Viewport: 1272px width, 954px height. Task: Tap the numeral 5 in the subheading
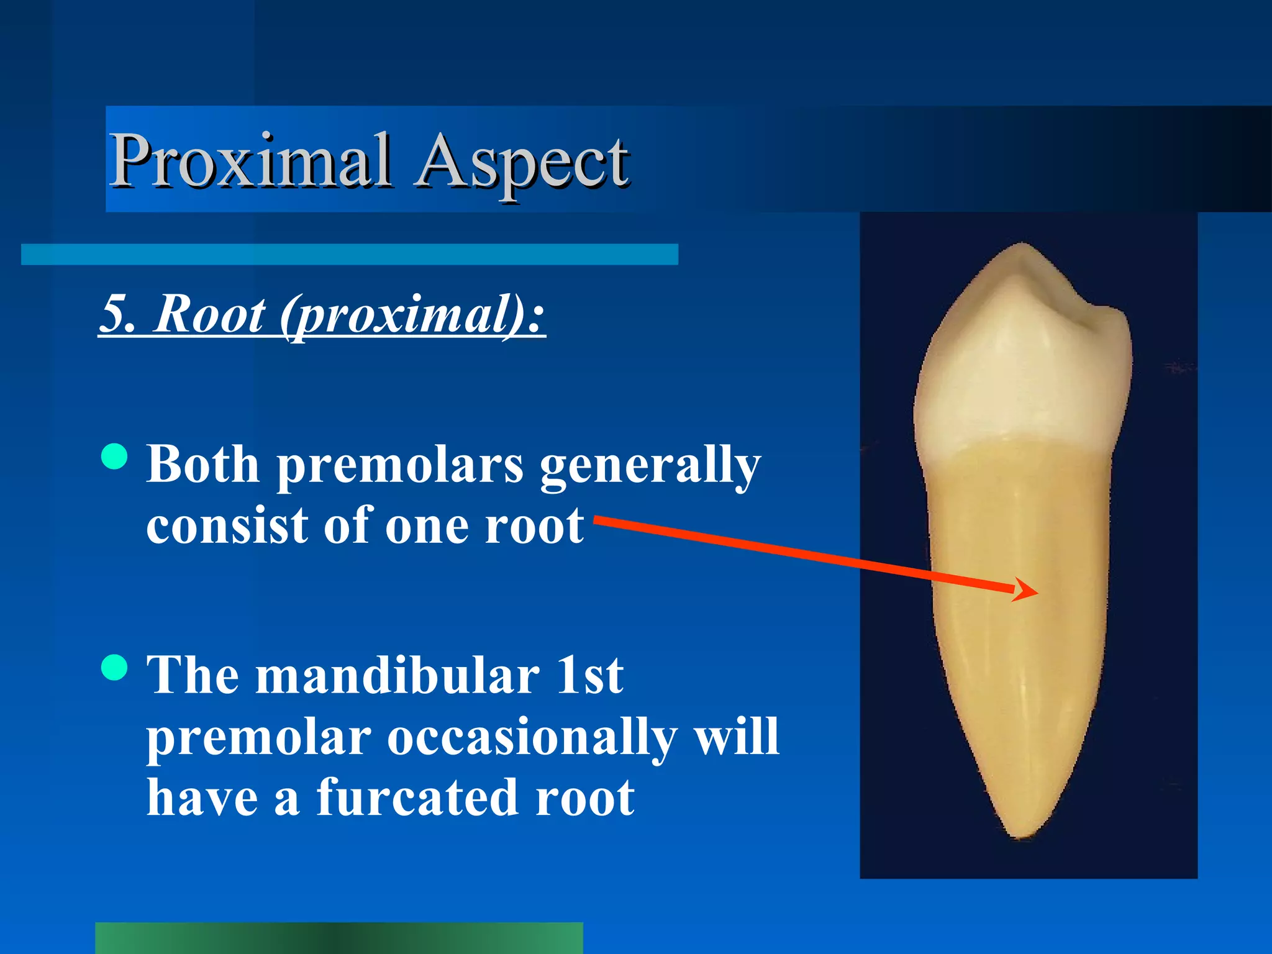click(116, 314)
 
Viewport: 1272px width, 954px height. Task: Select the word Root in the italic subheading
click(210, 314)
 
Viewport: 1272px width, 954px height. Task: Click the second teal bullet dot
click(114, 668)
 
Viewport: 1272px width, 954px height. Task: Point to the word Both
click(202, 465)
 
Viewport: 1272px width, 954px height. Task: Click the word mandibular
click(397, 676)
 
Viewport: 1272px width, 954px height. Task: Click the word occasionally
click(532, 738)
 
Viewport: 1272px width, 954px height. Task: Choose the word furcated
click(417, 799)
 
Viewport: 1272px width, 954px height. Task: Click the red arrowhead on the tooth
click(1026, 589)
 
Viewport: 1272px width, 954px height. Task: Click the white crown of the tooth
click(1019, 373)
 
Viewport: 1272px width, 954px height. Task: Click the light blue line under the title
click(349, 255)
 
